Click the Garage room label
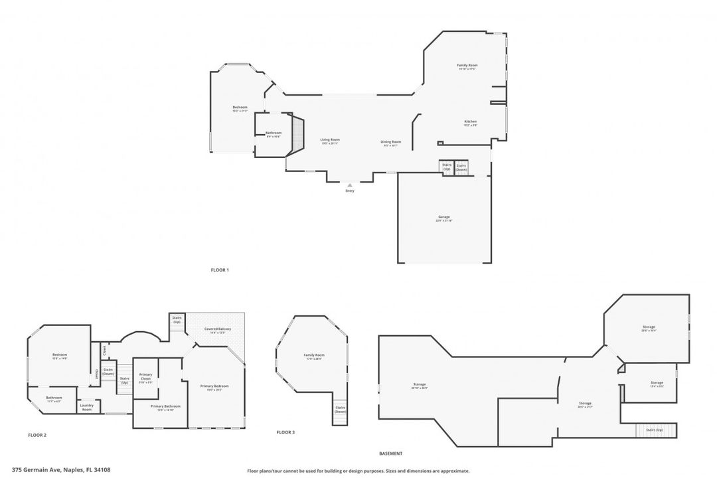444,218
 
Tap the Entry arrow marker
350,185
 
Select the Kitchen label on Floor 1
470,122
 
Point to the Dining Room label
391,142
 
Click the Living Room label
330,140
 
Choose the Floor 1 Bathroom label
274,133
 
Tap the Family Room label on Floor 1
467,66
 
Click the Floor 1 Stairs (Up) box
447,167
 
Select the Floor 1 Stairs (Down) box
461,167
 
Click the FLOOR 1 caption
219,270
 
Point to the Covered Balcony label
218,330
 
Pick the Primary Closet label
145,376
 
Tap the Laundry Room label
87,407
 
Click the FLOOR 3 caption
285,432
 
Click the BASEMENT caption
390,453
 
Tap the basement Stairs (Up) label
655,430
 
